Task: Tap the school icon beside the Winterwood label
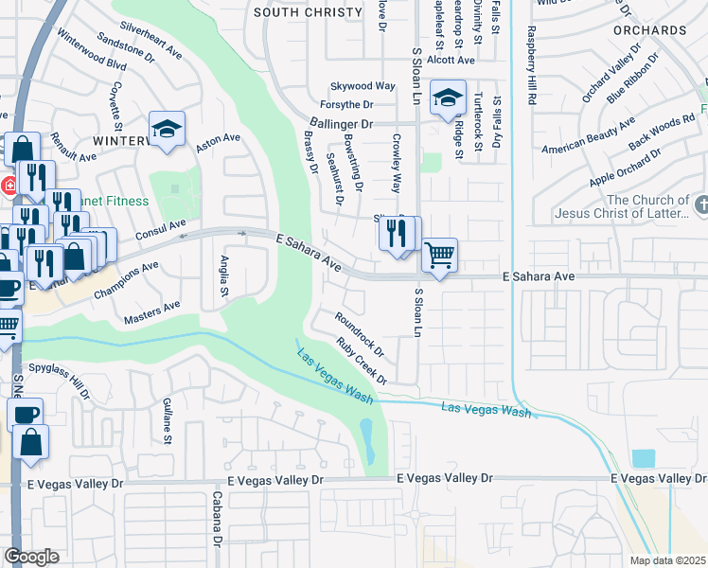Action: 167,130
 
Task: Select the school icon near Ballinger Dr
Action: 447,98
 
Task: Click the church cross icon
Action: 701,204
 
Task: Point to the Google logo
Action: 31,557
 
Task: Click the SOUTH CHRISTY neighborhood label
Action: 309,12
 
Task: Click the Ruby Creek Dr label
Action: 363,362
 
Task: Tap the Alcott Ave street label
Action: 451,60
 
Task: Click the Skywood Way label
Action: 362,86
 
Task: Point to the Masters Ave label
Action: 152,311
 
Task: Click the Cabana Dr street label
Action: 217,520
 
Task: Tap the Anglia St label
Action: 225,274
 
